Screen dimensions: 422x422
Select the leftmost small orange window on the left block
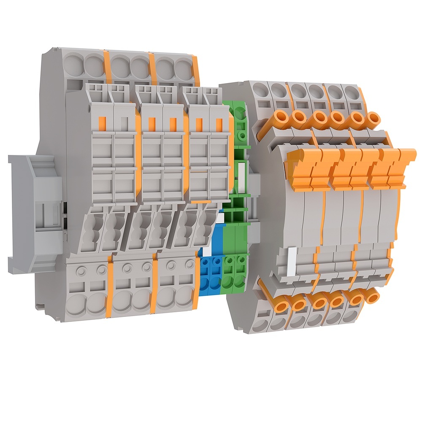point(101,123)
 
